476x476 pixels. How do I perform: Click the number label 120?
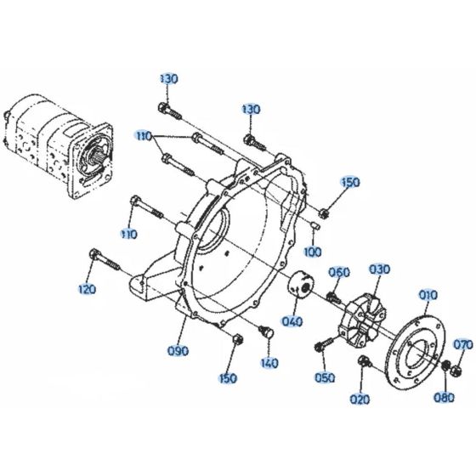[87, 290]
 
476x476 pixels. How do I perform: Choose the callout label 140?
[269, 363]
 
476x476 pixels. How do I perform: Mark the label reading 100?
[313, 252]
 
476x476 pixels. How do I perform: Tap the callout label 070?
[462, 345]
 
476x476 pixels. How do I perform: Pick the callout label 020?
[361, 399]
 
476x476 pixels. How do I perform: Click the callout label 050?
[326, 378]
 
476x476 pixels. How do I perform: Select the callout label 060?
[339, 272]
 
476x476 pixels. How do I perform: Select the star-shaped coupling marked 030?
[361, 320]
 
